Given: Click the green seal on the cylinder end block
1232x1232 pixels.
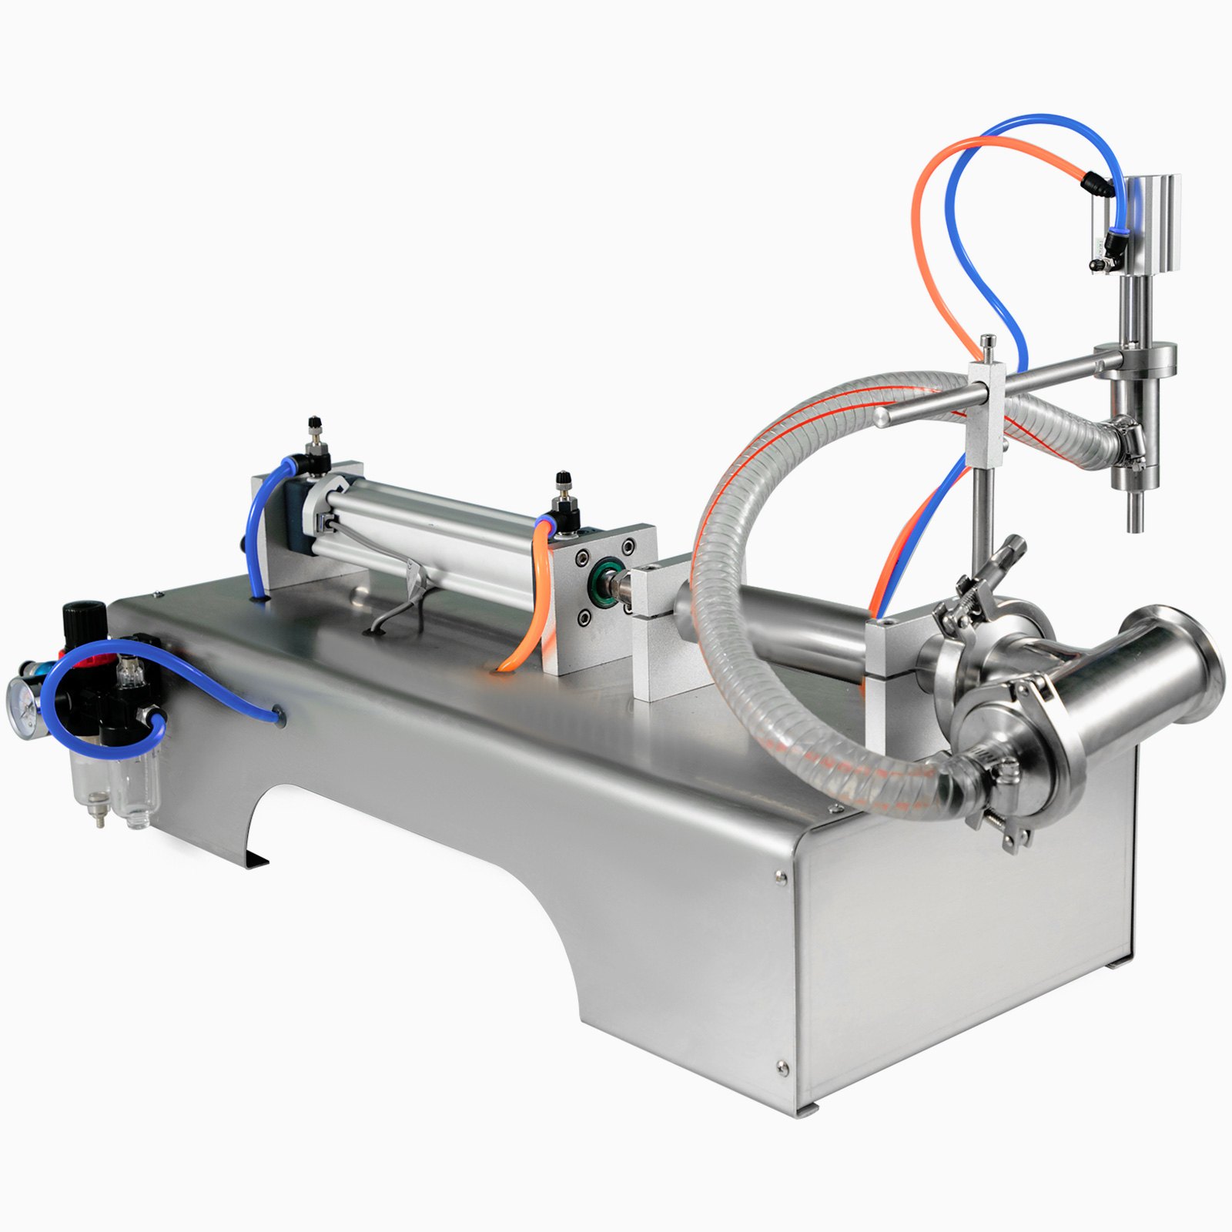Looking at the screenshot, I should coord(603,573).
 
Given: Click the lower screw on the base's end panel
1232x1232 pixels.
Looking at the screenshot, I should coord(782,1066).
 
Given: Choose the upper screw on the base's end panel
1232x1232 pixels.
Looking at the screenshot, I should coord(781,875).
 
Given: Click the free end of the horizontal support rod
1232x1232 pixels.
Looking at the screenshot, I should coord(880,417).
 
